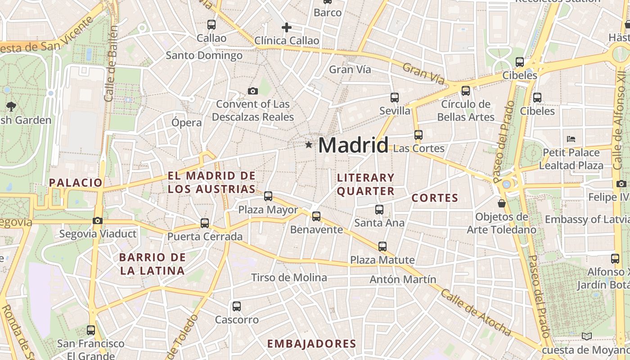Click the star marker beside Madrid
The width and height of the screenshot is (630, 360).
click(309, 145)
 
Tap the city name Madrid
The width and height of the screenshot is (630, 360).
click(353, 145)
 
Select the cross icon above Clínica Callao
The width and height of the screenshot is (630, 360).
click(287, 28)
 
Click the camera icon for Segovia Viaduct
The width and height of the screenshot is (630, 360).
click(97, 220)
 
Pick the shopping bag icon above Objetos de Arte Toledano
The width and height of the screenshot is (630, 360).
click(502, 204)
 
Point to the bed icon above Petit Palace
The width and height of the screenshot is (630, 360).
click(571, 139)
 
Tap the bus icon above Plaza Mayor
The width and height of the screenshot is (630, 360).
click(268, 196)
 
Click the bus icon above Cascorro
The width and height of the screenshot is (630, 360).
click(237, 306)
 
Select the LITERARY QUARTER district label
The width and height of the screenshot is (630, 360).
click(365, 184)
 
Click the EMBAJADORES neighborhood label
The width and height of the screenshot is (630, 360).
click(312, 344)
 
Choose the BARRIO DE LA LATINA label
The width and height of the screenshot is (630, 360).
click(152, 264)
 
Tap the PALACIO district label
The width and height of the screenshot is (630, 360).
click(76, 183)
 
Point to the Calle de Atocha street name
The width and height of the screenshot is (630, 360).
click(476, 313)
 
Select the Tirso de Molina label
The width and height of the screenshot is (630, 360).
click(289, 278)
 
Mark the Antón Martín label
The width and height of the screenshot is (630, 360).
click(396, 279)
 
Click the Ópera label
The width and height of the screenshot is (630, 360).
click(187, 122)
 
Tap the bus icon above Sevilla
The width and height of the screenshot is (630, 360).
click(395, 98)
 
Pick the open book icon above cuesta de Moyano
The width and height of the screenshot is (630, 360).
click(587, 336)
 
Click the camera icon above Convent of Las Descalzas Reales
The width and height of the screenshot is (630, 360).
click(253, 91)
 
